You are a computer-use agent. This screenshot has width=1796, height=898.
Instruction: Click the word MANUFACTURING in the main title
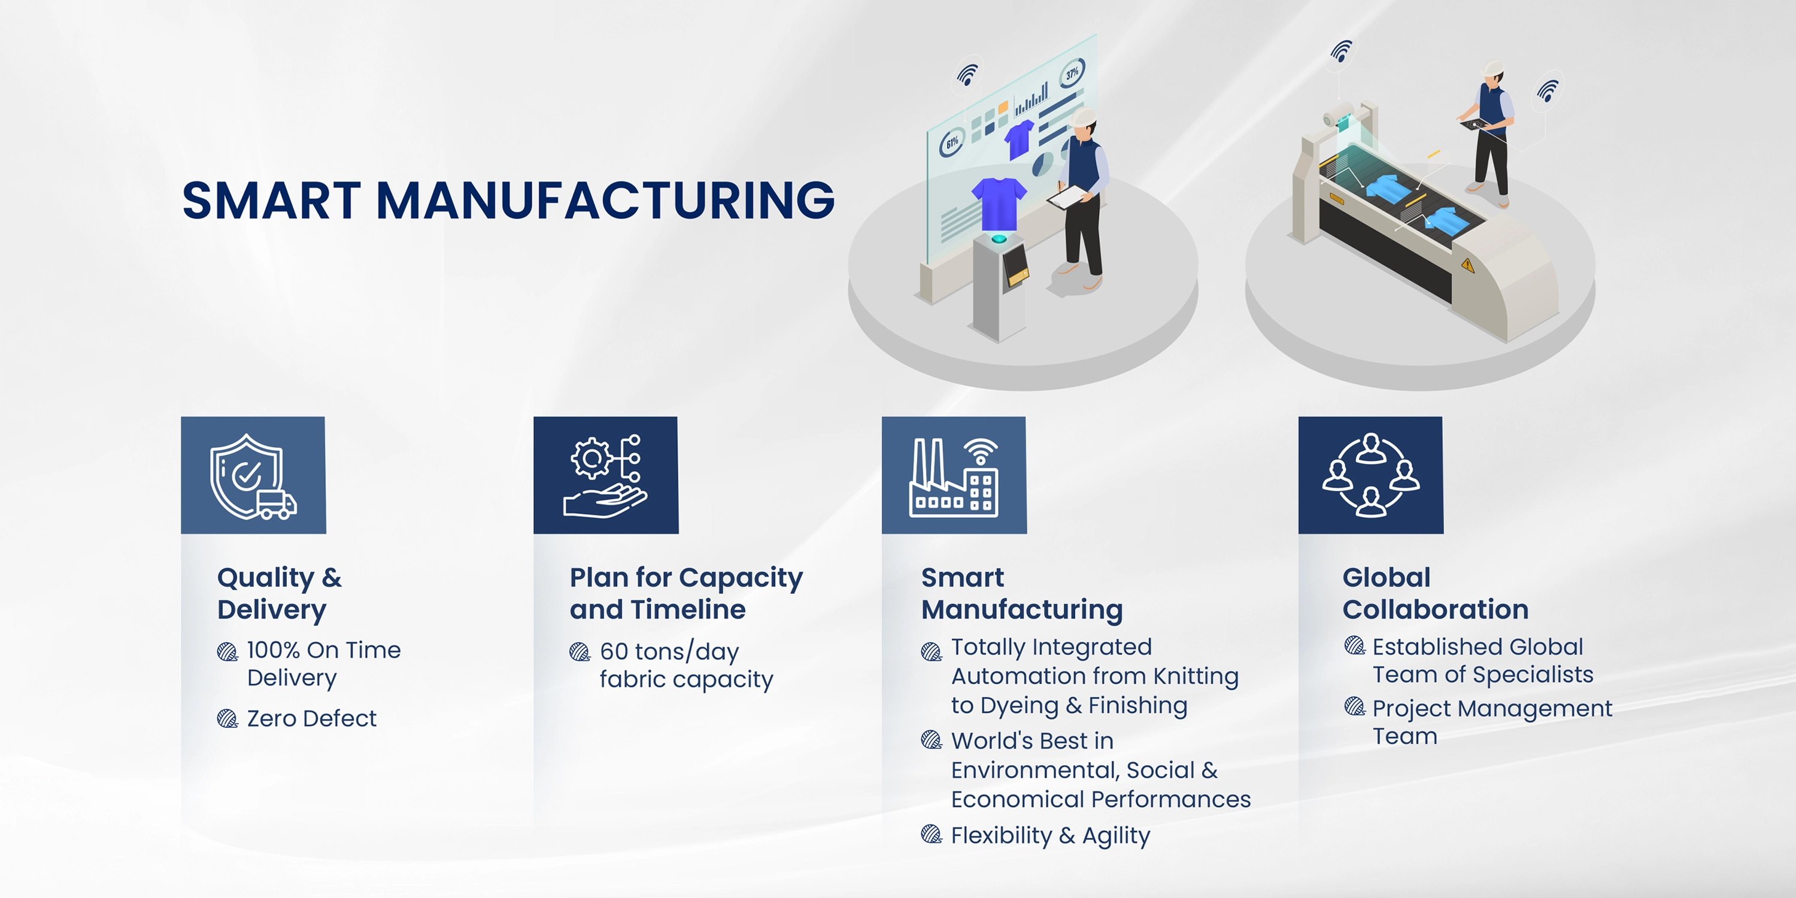[605, 201]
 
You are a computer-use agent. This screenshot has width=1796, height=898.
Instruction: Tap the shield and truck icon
[253, 475]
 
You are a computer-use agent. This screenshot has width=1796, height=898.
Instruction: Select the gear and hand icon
[605, 475]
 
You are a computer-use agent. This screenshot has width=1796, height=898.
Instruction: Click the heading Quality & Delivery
[280, 593]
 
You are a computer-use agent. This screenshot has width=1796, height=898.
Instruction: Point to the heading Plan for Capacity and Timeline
[686, 593]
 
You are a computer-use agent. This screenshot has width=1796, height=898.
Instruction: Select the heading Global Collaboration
[1435, 593]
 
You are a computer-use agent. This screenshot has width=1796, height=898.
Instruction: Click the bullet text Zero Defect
[312, 719]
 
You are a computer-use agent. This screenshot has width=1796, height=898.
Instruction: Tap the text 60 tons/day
[669, 651]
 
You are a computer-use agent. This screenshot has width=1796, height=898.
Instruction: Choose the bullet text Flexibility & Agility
[1050, 835]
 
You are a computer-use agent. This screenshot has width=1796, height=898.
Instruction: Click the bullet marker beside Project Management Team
[1354, 707]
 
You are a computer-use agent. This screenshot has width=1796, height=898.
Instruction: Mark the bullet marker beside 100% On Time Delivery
[227, 652]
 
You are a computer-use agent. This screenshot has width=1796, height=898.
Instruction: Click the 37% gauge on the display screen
[1072, 72]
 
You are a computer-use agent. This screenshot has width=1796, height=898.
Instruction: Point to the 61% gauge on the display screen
[952, 143]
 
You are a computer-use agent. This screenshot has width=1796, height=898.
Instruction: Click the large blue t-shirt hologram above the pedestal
[999, 202]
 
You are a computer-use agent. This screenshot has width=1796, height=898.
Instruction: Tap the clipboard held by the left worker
[1067, 198]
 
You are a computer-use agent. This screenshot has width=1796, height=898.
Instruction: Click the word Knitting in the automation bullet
[1196, 676]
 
